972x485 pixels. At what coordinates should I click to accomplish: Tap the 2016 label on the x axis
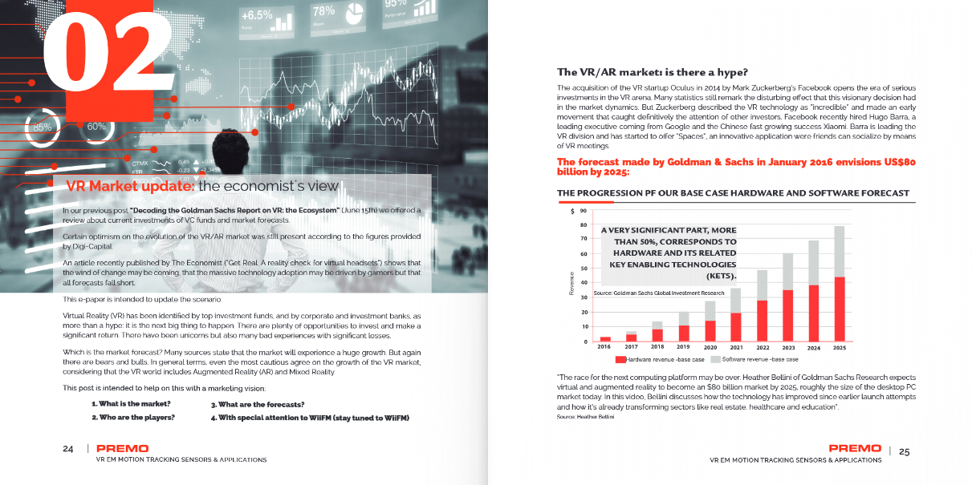click(605, 348)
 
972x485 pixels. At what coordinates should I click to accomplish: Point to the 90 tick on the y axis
click(582, 211)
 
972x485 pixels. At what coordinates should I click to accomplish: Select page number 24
click(68, 450)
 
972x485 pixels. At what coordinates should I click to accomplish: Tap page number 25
click(904, 451)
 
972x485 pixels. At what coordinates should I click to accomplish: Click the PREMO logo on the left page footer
click(121, 449)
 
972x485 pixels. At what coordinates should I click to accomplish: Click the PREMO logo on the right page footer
click(855, 449)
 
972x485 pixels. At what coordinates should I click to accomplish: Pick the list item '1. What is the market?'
click(131, 404)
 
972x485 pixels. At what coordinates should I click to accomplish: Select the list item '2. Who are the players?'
click(132, 418)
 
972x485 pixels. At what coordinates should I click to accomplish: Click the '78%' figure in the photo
click(323, 11)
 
